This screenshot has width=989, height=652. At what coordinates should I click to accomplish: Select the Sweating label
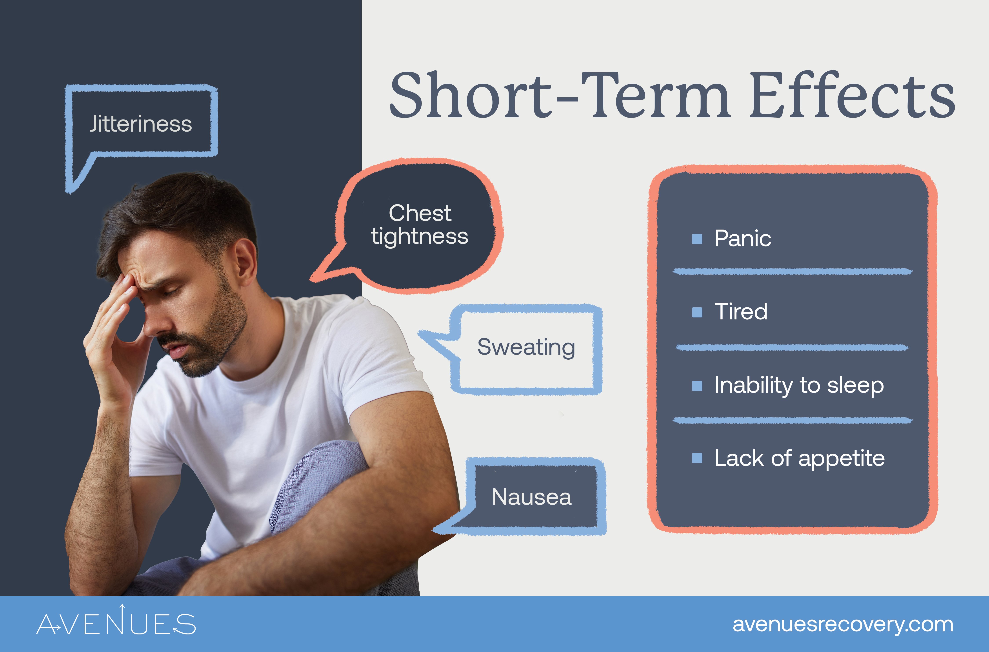[526, 347]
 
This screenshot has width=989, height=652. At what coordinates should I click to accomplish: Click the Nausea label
[531, 497]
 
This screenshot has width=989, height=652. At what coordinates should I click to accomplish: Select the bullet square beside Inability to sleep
[697, 386]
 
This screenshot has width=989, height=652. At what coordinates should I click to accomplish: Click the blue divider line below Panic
[792, 272]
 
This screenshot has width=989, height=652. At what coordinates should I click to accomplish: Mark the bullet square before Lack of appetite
[697, 458]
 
